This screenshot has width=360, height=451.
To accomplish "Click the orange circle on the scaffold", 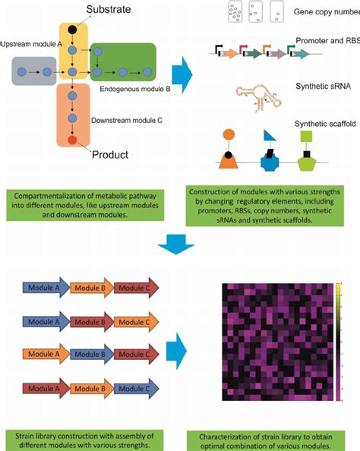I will [228, 137].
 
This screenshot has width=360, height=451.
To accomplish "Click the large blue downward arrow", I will [180, 244].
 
